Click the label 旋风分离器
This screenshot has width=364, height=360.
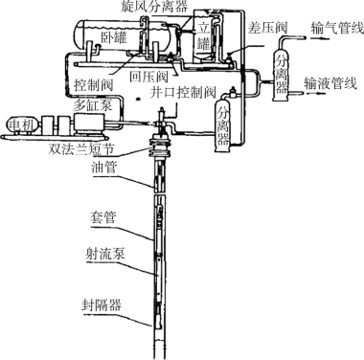tap(154, 7)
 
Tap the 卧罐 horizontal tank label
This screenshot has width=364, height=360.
tap(114, 37)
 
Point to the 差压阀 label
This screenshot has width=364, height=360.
tap(267, 28)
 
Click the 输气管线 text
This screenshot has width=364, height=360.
tap(337, 28)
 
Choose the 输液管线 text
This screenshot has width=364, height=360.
tap(330, 83)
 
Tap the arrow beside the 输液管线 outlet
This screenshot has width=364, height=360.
tap(316, 94)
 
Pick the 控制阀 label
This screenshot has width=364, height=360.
tap(94, 85)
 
